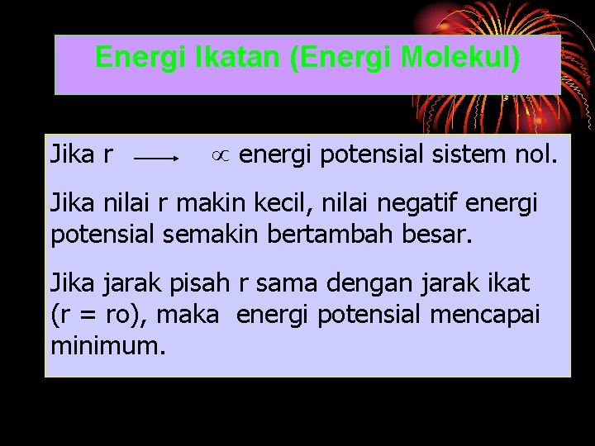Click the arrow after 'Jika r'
click(158, 155)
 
